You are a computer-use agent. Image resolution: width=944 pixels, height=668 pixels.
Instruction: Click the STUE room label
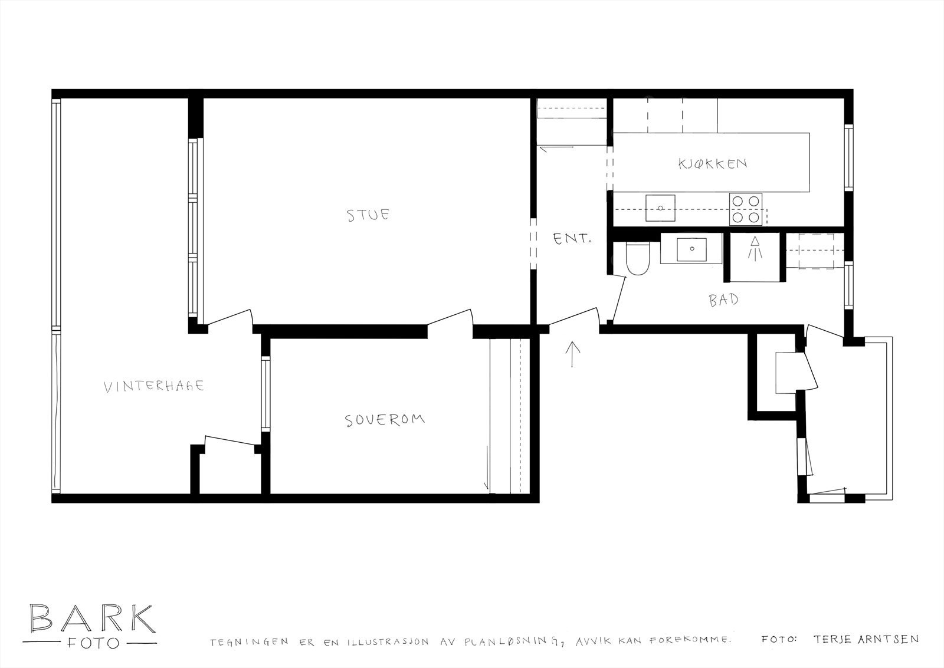click(x=368, y=215)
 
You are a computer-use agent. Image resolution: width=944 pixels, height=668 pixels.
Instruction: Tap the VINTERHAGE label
click(x=153, y=387)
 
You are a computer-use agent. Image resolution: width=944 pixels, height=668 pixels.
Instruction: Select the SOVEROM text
click(x=385, y=420)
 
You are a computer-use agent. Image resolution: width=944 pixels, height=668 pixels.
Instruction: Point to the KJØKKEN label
click(x=712, y=163)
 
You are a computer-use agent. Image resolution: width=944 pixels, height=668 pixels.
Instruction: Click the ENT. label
click(x=572, y=239)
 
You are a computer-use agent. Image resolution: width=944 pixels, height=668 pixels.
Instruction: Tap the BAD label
click(x=723, y=300)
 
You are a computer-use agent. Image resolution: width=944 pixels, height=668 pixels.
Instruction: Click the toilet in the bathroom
click(x=637, y=261)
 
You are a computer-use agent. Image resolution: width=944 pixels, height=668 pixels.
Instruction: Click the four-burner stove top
click(x=745, y=209)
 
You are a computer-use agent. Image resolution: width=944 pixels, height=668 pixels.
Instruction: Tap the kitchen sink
click(x=660, y=208)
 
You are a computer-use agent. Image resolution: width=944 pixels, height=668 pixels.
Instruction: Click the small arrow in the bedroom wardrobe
click(x=487, y=469)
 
